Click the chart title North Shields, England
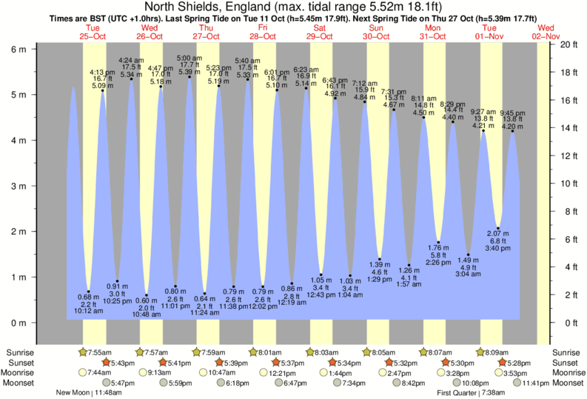pos(293,7)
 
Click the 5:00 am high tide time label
pos(189,58)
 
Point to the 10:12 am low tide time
pos(88,311)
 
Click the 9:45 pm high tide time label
pos(511,113)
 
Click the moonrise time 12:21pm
pos(275,372)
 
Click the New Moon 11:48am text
pos(88,392)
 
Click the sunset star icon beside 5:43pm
pos(106,362)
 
